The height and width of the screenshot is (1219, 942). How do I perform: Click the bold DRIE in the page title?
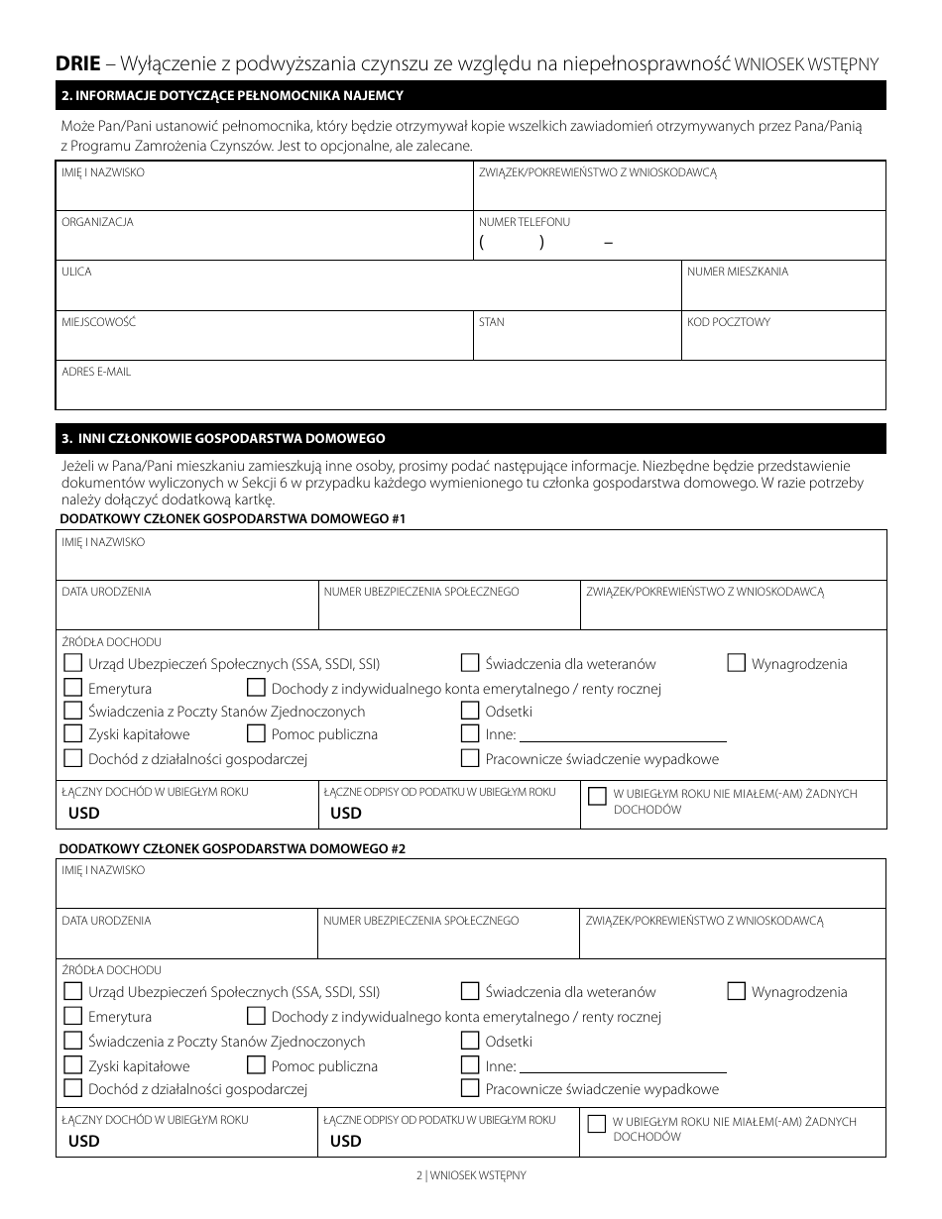coord(78,64)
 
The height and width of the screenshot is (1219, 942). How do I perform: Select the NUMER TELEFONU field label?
coord(525,222)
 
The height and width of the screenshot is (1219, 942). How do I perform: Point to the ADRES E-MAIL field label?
coord(96,372)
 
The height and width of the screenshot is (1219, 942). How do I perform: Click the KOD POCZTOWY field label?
coord(729,322)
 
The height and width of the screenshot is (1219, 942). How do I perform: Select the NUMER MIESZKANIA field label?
coord(738,272)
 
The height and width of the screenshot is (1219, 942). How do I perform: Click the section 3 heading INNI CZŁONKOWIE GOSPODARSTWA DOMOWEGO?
coord(223,438)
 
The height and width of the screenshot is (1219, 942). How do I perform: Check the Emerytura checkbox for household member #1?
coord(72,687)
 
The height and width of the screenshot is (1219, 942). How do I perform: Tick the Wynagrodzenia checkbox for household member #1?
coord(736,663)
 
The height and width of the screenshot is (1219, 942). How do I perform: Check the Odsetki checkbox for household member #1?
coord(470,711)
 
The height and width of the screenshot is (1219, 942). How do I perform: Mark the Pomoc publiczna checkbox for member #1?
coord(255,734)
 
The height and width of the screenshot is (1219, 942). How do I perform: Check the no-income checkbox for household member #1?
coord(597,796)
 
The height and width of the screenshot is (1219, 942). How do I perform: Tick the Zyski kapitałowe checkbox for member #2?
coord(72,1065)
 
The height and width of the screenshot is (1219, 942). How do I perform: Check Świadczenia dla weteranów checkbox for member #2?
coord(470,991)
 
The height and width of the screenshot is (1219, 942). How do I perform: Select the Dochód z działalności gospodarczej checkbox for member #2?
coord(72,1088)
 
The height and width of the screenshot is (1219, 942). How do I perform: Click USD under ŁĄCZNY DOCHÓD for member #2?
coord(84,1141)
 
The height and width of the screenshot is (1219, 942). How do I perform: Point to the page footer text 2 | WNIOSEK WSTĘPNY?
coord(471,1175)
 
